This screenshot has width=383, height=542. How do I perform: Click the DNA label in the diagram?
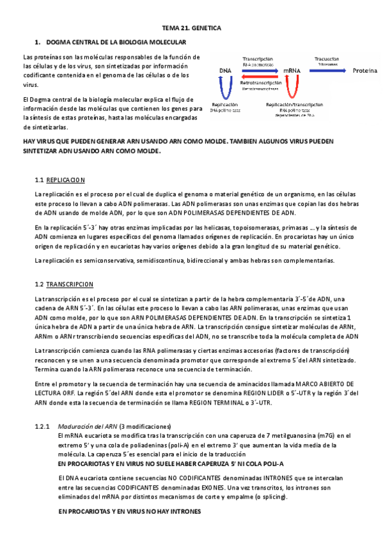[x=225, y=70]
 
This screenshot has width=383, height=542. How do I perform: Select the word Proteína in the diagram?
[x=365, y=70]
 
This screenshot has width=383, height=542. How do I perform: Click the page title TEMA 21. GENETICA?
[x=191, y=29]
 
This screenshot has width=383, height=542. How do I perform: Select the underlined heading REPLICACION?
[x=66, y=180]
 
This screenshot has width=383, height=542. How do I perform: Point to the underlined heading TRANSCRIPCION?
[x=70, y=284]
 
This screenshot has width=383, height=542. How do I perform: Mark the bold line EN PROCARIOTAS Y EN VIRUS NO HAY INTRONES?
[x=129, y=512]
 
